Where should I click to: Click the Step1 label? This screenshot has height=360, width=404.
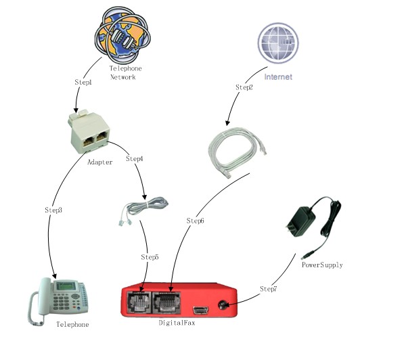click(x=83, y=82)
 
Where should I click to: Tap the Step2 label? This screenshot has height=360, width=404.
click(x=244, y=87)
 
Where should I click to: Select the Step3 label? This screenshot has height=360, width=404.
click(x=53, y=210)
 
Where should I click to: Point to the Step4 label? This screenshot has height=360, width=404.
click(x=135, y=159)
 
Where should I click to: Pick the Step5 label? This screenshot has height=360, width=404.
click(x=150, y=257)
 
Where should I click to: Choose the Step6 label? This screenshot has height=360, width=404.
click(x=196, y=221)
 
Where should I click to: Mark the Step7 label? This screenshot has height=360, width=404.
click(x=268, y=289)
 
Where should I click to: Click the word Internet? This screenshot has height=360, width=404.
click(x=278, y=76)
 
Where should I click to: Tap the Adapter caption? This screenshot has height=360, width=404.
click(x=100, y=162)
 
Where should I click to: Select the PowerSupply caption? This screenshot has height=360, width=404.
click(x=322, y=265)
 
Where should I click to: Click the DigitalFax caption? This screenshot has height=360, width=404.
click(x=177, y=323)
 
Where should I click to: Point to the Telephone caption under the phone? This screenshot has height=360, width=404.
click(x=72, y=324)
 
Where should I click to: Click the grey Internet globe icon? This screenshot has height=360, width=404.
click(x=278, y=43)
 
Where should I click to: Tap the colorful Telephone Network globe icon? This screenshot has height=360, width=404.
click(x=122, y=35)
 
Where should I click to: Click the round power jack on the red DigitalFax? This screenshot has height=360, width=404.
click(x=222, y=305)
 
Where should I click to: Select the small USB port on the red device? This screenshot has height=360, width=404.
click(x=201, y=311)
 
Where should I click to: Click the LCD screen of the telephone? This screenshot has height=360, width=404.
click(x=66, y=286)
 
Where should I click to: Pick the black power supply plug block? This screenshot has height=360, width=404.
click(x=301, y=222)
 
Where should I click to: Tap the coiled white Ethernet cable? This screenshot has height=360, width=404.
click(x=237, y=152)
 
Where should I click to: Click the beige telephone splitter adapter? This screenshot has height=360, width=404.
click(x=89, y=131)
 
